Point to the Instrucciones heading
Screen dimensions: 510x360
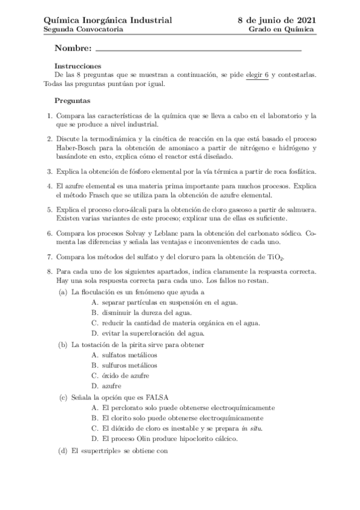point(78,66)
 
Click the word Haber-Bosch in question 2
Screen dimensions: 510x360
point(77,147)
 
